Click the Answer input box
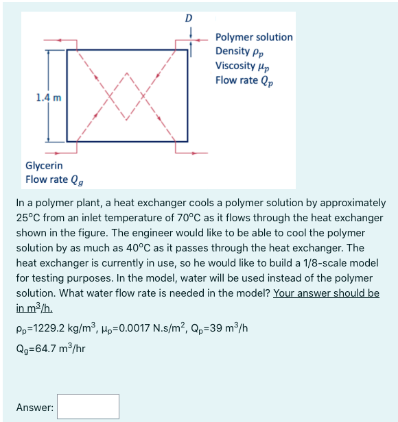click(89, 406)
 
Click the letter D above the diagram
click(189, 17)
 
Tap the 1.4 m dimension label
click(48, 97)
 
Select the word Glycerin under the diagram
click(44, 165)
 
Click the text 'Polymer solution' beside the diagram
click(254, 37)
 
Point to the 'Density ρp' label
click(239, 51)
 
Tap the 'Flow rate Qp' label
click(243, 80)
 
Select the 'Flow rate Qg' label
click(56, 179)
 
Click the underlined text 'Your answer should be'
click(326, 293)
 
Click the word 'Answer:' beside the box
click(35, 408)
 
